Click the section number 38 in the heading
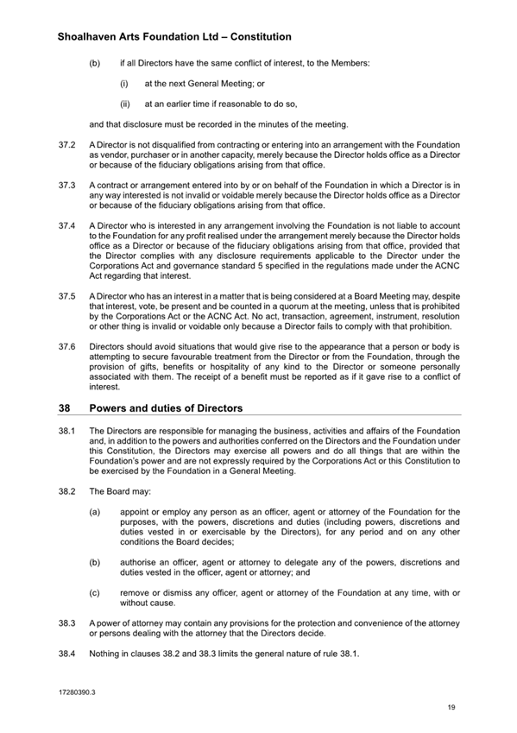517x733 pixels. (x=62, y=408)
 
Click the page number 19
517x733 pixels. (x=451, y=708)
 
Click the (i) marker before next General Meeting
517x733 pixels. (x=124, y=84)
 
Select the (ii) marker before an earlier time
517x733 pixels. (x=125, y=104)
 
